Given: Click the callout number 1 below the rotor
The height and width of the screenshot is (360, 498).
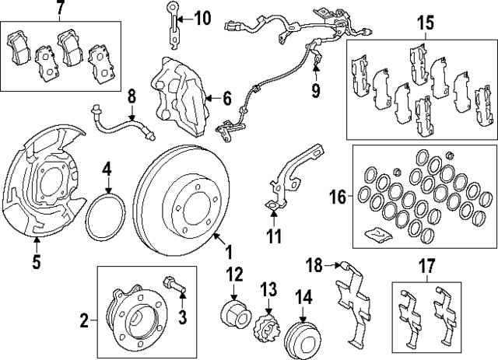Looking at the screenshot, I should (x=229, y=253).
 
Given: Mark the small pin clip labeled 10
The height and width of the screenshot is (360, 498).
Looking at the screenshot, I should (x=171, y=19).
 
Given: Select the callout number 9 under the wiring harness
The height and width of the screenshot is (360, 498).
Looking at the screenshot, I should (x=317, y=92).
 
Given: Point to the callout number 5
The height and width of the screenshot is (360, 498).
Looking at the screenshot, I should (x=36, y=262).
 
